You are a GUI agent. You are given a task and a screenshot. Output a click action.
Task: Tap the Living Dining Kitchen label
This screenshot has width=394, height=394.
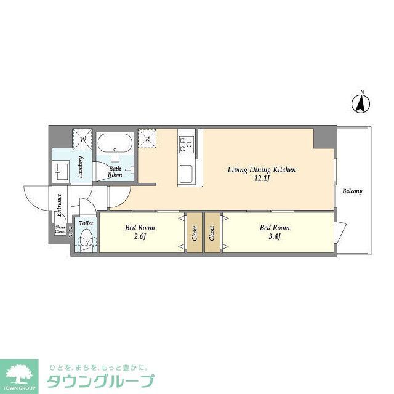pos(262,169)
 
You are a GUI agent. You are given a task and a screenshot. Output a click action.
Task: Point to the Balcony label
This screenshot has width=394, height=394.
pos(352,191)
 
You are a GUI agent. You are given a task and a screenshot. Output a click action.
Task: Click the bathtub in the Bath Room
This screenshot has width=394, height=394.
pos(115,144)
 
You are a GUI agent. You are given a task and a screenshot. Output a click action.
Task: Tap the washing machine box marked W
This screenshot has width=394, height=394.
pos(82,138)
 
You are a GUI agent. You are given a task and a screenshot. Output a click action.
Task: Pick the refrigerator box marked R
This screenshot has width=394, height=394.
pos(147,138)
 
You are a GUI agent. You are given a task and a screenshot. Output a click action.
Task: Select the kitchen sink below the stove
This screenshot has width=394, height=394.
pos(186,174)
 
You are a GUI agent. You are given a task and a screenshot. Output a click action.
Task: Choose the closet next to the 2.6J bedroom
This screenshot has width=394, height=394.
pos(193,232)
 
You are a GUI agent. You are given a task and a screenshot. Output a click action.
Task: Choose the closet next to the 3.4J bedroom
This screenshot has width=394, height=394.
pos(212,232)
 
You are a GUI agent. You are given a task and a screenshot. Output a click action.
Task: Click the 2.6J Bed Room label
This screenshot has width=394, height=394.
pos(140,231)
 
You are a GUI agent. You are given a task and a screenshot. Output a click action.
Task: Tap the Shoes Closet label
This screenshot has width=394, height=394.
pos(60,230)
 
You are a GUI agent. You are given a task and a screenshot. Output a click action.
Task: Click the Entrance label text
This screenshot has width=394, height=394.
pos(59,206)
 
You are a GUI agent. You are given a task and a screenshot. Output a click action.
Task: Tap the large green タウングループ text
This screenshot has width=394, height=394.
pos(102,380)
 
